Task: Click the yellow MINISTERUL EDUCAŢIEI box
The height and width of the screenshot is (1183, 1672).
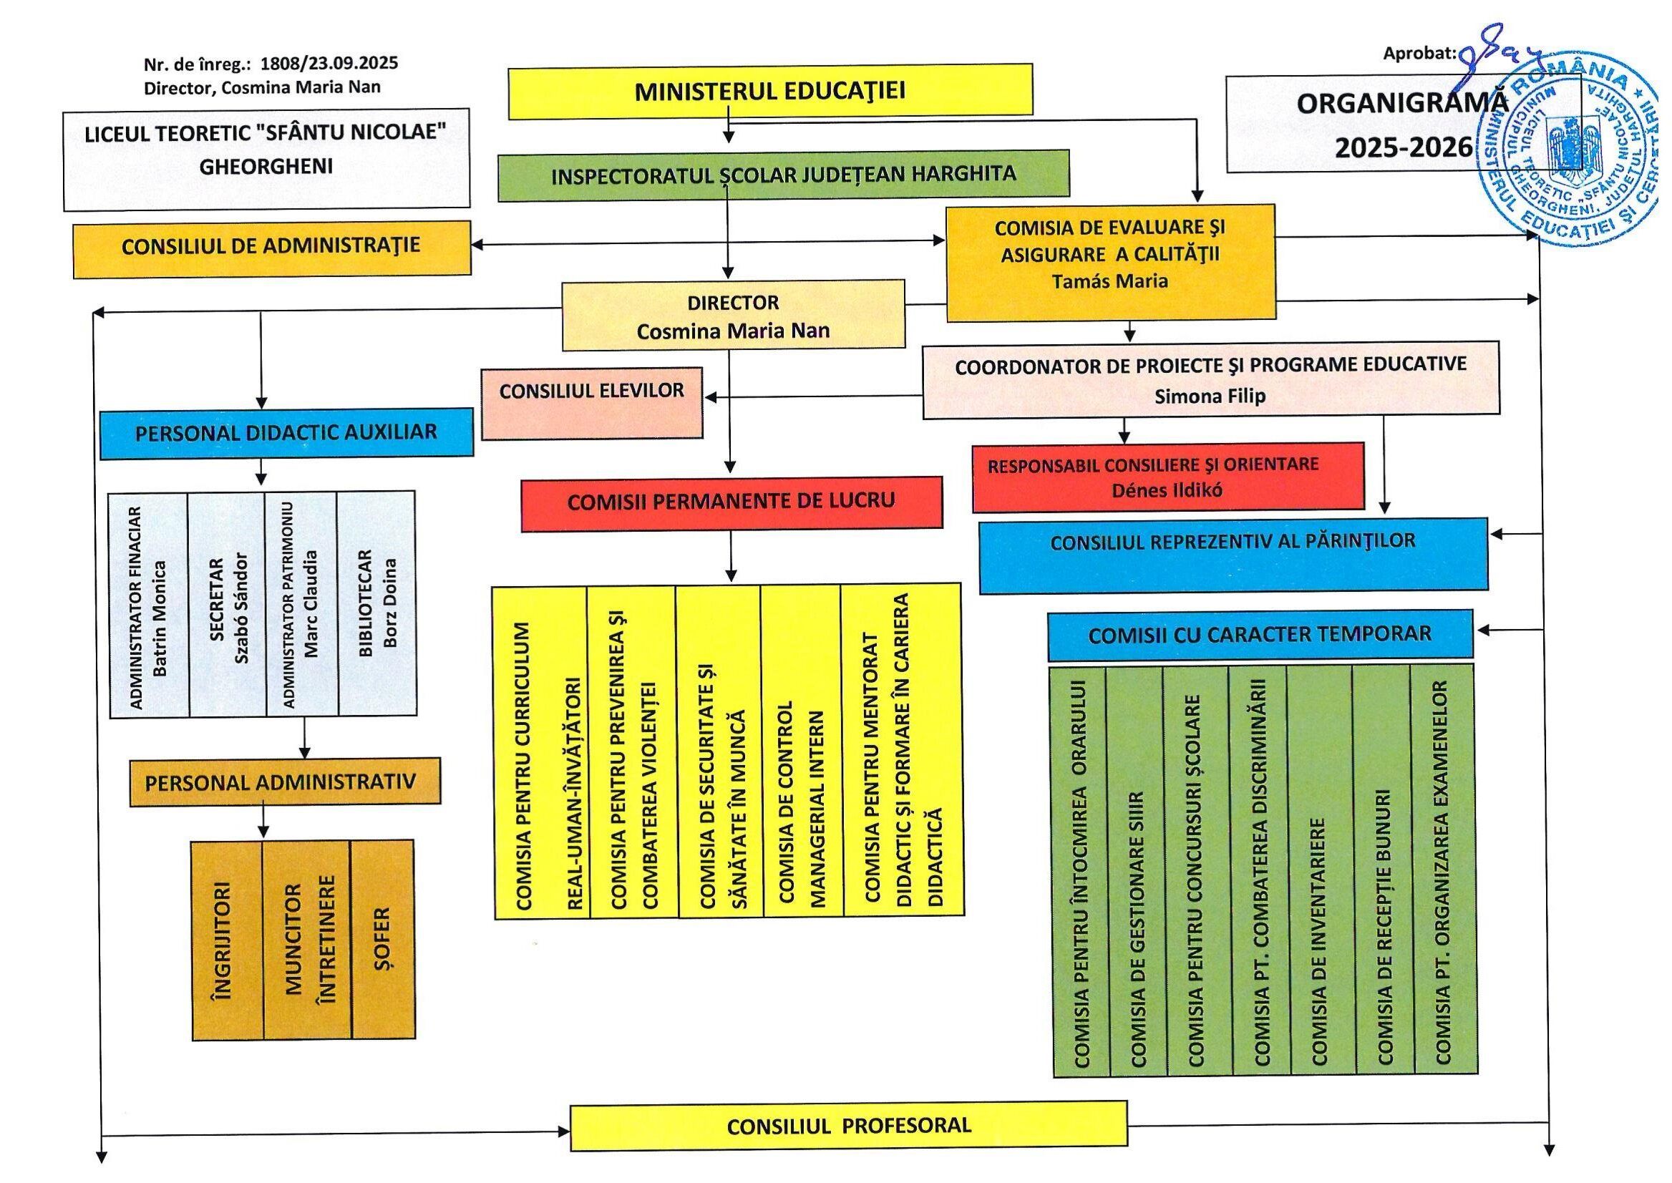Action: pos(770,91)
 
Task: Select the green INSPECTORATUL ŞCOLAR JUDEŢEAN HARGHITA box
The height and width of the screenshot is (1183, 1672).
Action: pos(783,175)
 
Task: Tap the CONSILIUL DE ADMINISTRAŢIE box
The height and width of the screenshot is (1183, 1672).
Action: pos(272,249)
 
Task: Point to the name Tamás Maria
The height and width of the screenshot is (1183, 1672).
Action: pos(1109,281)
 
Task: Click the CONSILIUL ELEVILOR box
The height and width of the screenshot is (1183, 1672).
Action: pos(592,403)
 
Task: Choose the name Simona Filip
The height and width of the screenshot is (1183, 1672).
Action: pos(1210,396)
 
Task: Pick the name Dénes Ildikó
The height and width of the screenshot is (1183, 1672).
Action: pos(1167,490)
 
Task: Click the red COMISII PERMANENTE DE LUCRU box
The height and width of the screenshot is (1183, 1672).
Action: pos(731,503)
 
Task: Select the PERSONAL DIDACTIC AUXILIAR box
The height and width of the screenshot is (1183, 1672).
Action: pos(286,434)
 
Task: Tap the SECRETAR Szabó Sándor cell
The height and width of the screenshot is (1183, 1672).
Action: pos(228,605)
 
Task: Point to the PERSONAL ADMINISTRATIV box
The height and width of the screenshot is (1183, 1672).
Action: pos(285,782)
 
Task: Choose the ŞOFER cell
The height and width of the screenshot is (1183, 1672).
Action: pos(382,939)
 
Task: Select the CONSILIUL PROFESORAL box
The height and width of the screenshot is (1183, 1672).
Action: pos(849,1126)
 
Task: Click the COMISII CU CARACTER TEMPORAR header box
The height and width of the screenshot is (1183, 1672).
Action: pos(1260,635)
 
